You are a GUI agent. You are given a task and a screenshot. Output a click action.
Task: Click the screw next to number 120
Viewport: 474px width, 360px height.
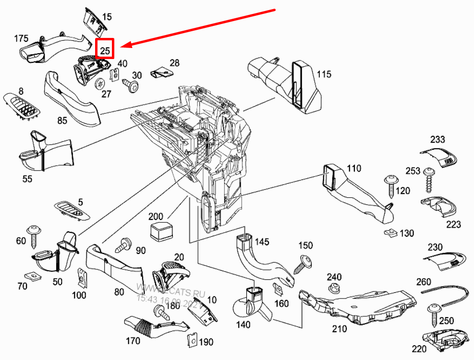click(390, 185)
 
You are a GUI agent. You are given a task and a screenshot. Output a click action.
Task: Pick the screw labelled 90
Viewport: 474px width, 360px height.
click(124, 245)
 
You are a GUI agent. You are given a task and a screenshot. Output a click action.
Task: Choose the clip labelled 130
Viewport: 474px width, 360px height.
click(391, 233)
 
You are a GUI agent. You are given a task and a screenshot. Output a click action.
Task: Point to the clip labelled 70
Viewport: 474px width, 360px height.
click(34, 276)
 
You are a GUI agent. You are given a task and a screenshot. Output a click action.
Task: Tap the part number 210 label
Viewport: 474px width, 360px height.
click(339, 329)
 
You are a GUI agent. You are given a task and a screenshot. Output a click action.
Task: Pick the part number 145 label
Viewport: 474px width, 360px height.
click(262, 241)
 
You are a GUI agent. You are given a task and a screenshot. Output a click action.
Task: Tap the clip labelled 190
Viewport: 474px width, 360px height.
click(191, 340)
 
